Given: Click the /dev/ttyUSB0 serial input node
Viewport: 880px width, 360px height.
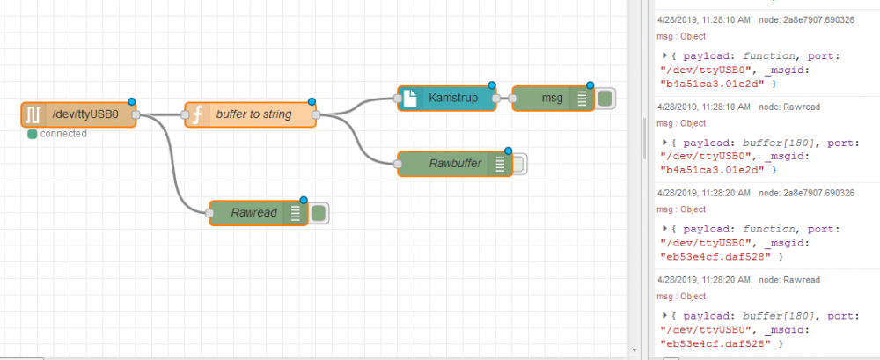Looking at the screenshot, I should [84, 114].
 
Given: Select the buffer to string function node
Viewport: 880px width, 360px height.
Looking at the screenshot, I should [255, 114].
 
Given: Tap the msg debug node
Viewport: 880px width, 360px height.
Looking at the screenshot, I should [549, 98].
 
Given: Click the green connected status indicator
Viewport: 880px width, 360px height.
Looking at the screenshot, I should [33, 134].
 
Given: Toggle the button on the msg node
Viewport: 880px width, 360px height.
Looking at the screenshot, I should [605, 98].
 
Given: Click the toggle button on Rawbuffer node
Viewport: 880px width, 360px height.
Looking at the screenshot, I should [518, 164].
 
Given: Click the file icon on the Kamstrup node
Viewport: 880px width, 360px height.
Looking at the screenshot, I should [410, 98].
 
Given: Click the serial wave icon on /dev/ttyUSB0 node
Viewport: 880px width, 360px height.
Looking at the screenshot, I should [33, 114].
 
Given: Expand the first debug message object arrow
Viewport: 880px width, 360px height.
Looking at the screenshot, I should [664, 55].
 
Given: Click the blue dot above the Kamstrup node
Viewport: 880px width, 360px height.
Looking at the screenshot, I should [492, 85].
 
